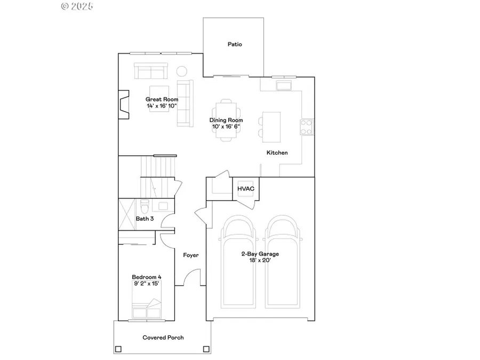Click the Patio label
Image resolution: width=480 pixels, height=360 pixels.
[235, 44]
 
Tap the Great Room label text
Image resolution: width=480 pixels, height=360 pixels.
[162, 99]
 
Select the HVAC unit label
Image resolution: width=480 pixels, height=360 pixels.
[246, 189]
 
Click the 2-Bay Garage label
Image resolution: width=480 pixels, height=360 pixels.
[260, 254]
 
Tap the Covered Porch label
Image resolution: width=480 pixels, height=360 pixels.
[163, 338]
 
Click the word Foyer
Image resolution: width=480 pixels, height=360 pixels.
[191, 255]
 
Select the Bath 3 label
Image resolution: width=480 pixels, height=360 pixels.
[145, 219]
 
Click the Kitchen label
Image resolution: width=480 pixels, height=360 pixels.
[277, 153]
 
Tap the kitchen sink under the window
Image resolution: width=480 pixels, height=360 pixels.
[284, 85]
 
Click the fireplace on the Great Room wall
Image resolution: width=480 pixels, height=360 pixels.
[124, 104]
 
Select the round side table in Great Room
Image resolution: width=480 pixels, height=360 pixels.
[182, 71]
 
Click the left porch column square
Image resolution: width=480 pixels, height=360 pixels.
[118, 349]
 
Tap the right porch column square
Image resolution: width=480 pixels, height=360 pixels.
[206, 349]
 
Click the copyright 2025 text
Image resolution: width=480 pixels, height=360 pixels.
[77, 6]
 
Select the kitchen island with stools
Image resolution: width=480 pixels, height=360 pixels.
[271, 127]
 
